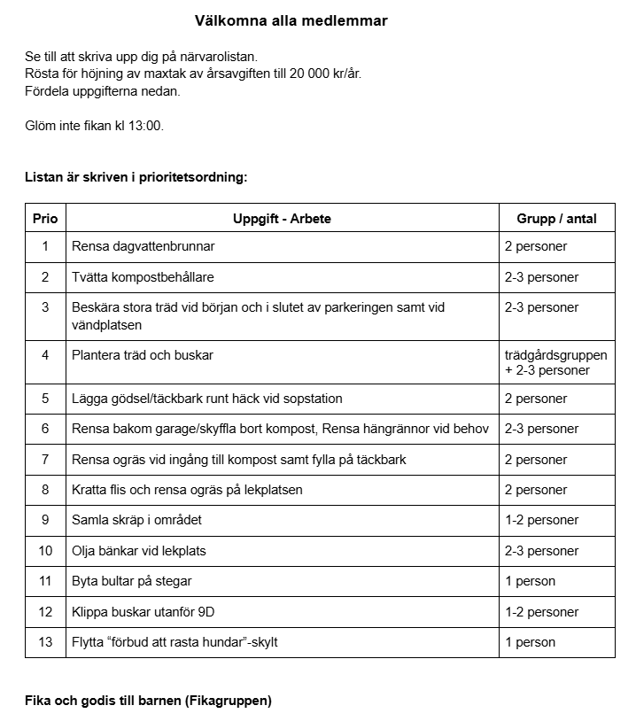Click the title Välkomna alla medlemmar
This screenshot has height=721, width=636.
tap(291, 20)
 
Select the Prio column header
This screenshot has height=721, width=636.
tap(45, 219)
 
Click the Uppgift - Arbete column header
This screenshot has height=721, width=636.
tap(282, 219)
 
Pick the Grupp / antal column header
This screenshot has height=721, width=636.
tap(556, 219)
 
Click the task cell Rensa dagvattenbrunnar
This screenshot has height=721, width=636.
tap(143, 246)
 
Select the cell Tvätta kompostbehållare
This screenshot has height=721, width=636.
tap(143, 277)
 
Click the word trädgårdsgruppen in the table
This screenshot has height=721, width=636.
tap(555, 355)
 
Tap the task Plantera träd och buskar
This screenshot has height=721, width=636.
tap(143, 355)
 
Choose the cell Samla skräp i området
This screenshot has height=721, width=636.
tap(136, 520)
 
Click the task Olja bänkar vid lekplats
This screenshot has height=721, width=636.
tap(138, 551)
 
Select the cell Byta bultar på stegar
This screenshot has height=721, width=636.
tap(131, 581)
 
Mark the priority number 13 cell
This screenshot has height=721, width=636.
tap(45, 642)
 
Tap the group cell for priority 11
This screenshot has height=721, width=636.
tap(530, 581)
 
